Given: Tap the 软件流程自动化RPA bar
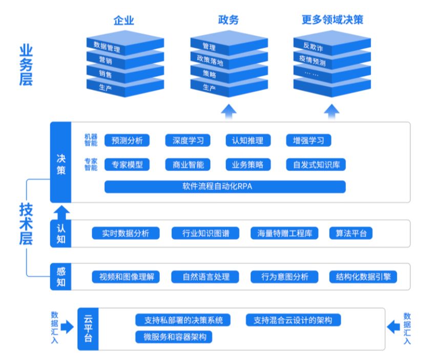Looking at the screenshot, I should pyautogui.click(x=224, y=187).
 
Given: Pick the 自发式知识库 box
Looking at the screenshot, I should pyautogui.click(x=316, y=165).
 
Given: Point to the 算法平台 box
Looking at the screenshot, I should pyautogui.click(x=351, y=234).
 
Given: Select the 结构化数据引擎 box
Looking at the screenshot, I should pyautogui.click(x=363, y=277).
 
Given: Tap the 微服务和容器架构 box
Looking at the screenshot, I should pyautogui.click(x=174, y=337).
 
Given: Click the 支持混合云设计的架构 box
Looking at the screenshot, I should pyautogui.click(x=293, y=321).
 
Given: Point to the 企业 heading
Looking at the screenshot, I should pyautogui.click(x=123, y=20).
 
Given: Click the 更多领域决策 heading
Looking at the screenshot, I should pyautogui.click(x=333, y=20).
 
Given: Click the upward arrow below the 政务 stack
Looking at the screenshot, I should pyautogui.click(x=229, y=111).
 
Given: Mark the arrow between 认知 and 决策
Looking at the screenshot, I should pyautogui.click(x=61, y=211).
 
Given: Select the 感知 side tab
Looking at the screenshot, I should pyautogui.click(x=61, y=277).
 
